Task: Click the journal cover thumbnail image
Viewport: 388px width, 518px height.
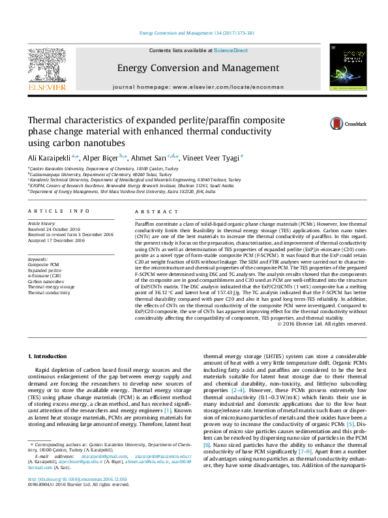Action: coord(345,69)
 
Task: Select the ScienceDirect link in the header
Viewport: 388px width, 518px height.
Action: coord(231,50)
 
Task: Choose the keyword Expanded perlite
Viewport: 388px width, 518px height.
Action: coord(46,270)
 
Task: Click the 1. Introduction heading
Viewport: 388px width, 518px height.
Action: coord(50,356)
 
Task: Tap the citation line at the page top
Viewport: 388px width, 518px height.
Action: coord(193,33)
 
